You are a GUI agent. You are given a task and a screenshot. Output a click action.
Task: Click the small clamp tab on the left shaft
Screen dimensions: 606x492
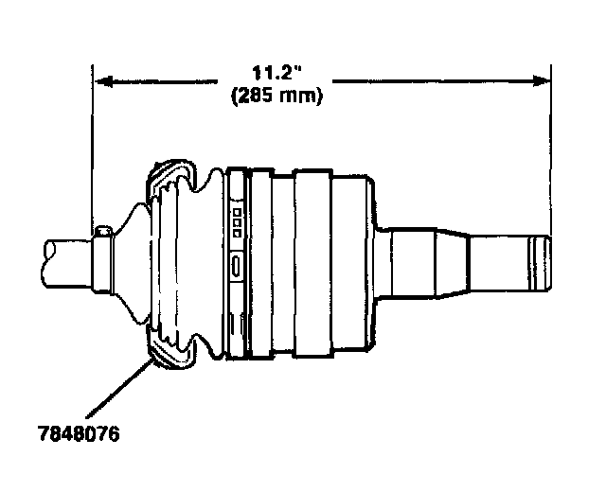(104, 232)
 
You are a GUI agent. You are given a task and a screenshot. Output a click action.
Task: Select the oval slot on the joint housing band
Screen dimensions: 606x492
(236, 266)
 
